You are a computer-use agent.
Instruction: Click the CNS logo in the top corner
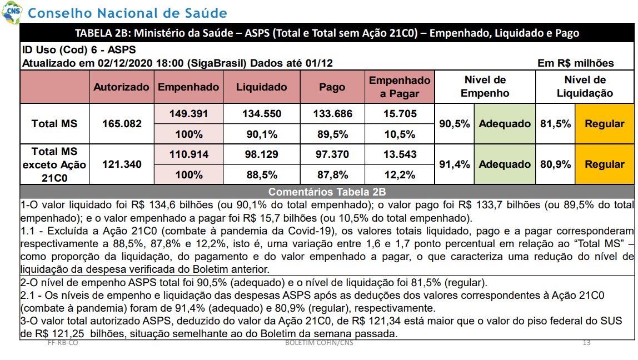tap(12, 12)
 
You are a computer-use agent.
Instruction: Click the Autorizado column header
tap(121, 87)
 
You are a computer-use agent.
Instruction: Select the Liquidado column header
tap(262, 87)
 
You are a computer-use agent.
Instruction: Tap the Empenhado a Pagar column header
tap(400, 87)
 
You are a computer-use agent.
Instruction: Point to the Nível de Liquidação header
tap(585, 87)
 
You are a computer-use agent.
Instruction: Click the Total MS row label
tap(54, 124)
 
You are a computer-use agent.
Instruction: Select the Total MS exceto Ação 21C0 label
tap(54, 164)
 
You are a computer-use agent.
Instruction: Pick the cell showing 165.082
tap(122, 124)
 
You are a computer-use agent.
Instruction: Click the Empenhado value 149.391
tap(189, 114)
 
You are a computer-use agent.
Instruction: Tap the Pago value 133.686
tap(332, 114)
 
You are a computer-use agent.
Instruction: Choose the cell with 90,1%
tap(262, 134)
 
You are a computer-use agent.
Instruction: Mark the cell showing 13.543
tap(400, 154)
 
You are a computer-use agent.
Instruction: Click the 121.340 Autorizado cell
tap(122, 164)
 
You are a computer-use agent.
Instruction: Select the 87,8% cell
tap(332, 175)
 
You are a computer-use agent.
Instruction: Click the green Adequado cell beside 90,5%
tap(505, 124)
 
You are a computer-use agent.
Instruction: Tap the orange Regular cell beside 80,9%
tap(604, 164)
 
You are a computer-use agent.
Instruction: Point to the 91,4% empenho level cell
tap(454, 164)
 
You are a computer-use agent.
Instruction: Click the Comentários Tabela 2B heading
tap(327, 192)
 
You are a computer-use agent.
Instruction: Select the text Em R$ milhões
tap(575, 63)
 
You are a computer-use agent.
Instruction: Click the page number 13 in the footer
tap(586, 343)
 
